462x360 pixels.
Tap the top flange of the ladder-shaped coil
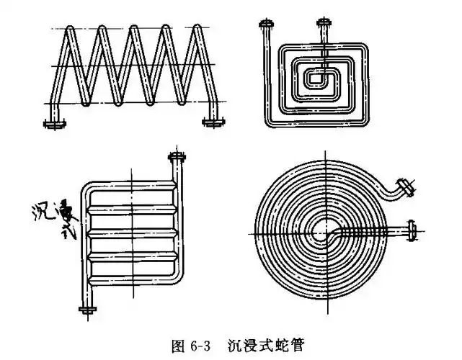tap(176, 156)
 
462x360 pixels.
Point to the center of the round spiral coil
tap(319, 232)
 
